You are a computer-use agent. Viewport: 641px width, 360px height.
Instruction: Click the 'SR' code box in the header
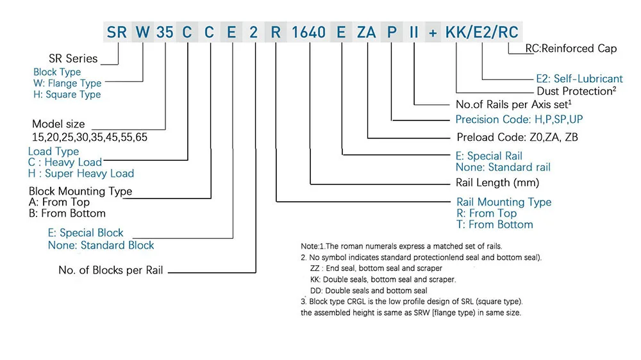pos(117,32)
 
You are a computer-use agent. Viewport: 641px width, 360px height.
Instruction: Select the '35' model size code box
pos(165,32)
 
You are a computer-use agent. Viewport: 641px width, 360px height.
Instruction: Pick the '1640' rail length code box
pos(309,32)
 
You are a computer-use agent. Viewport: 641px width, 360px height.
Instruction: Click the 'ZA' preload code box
pos(367,32)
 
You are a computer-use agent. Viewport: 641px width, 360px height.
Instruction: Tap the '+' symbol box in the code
pos(433,32)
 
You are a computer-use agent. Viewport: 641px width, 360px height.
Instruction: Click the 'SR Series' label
pos(73,58)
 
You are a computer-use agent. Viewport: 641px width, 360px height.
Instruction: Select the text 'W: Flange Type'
pos(67,83)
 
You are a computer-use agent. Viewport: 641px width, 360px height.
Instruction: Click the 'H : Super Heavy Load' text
pos(81,174)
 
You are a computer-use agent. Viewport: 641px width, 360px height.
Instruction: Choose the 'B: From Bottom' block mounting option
pos(67,213)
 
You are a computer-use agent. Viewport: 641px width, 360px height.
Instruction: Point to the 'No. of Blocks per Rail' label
pos(111,270)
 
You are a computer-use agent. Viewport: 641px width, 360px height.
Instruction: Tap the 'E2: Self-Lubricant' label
pos(579,79)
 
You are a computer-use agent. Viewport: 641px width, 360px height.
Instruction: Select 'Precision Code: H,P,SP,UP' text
pos(519,119)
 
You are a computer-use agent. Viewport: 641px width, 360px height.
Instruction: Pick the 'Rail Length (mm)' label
pos(497,183)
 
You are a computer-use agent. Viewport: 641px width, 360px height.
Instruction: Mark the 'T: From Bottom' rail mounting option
pos(494,225)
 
